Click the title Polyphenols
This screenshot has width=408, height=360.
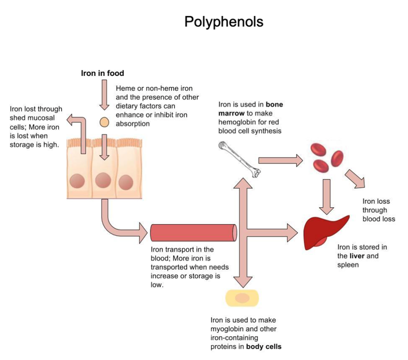pyautogui.click(x=224, y=22)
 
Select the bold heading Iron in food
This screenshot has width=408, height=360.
pyautogui.click(x=102, y=73)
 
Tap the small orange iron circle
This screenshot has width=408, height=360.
pyautogui.click(x=104, y=122)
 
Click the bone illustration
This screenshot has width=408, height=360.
pyautogui.click(x=240, y=159)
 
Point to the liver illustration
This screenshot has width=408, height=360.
pyautogui.click(x=324, y=231)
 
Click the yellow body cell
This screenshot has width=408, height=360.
pyautogui.click(x=242, y=298)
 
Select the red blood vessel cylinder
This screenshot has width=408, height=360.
pyautogui.click(x=193, y=233)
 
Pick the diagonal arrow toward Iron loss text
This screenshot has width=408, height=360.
pyautogui.click(x=355, y=179)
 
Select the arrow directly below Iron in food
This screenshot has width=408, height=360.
pyautogui.click(x=104, y=95)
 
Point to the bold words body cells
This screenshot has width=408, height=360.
pyautogui.click(x=264, y=347)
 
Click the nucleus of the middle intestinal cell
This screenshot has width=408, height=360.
pyautogui.click(x=103, y=180)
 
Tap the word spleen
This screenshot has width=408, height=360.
pyautogui.click(x=348, y=265)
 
